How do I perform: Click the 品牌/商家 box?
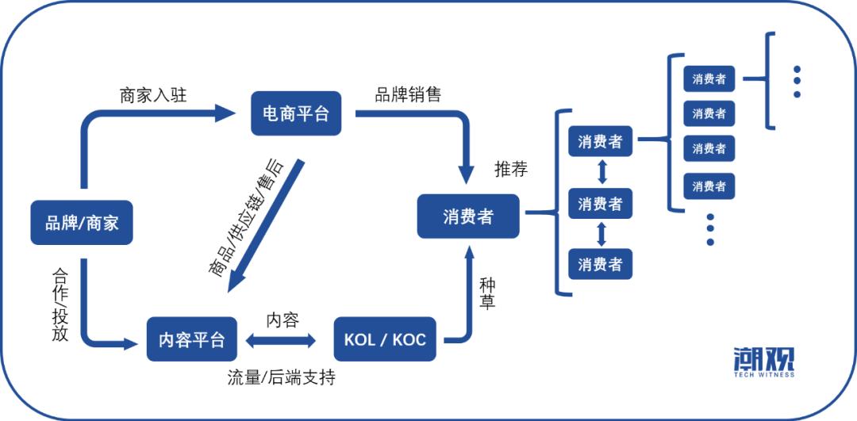coord(81,223)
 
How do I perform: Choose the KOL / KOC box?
coord(385,340)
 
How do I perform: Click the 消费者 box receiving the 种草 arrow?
coord(468,216)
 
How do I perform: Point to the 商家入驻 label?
coord(153,95)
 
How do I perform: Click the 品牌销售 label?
coord(408,94)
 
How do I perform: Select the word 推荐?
coord(511,169)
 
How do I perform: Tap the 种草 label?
coord(487,293)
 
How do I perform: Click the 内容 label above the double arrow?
coord(282,320)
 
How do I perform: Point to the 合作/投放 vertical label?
coord(60,304)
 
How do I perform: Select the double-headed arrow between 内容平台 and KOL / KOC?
coord(282,341)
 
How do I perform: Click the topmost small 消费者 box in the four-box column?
coord(709,79)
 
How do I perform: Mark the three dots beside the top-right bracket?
coord(797,82)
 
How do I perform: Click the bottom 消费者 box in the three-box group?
coord(600,263)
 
